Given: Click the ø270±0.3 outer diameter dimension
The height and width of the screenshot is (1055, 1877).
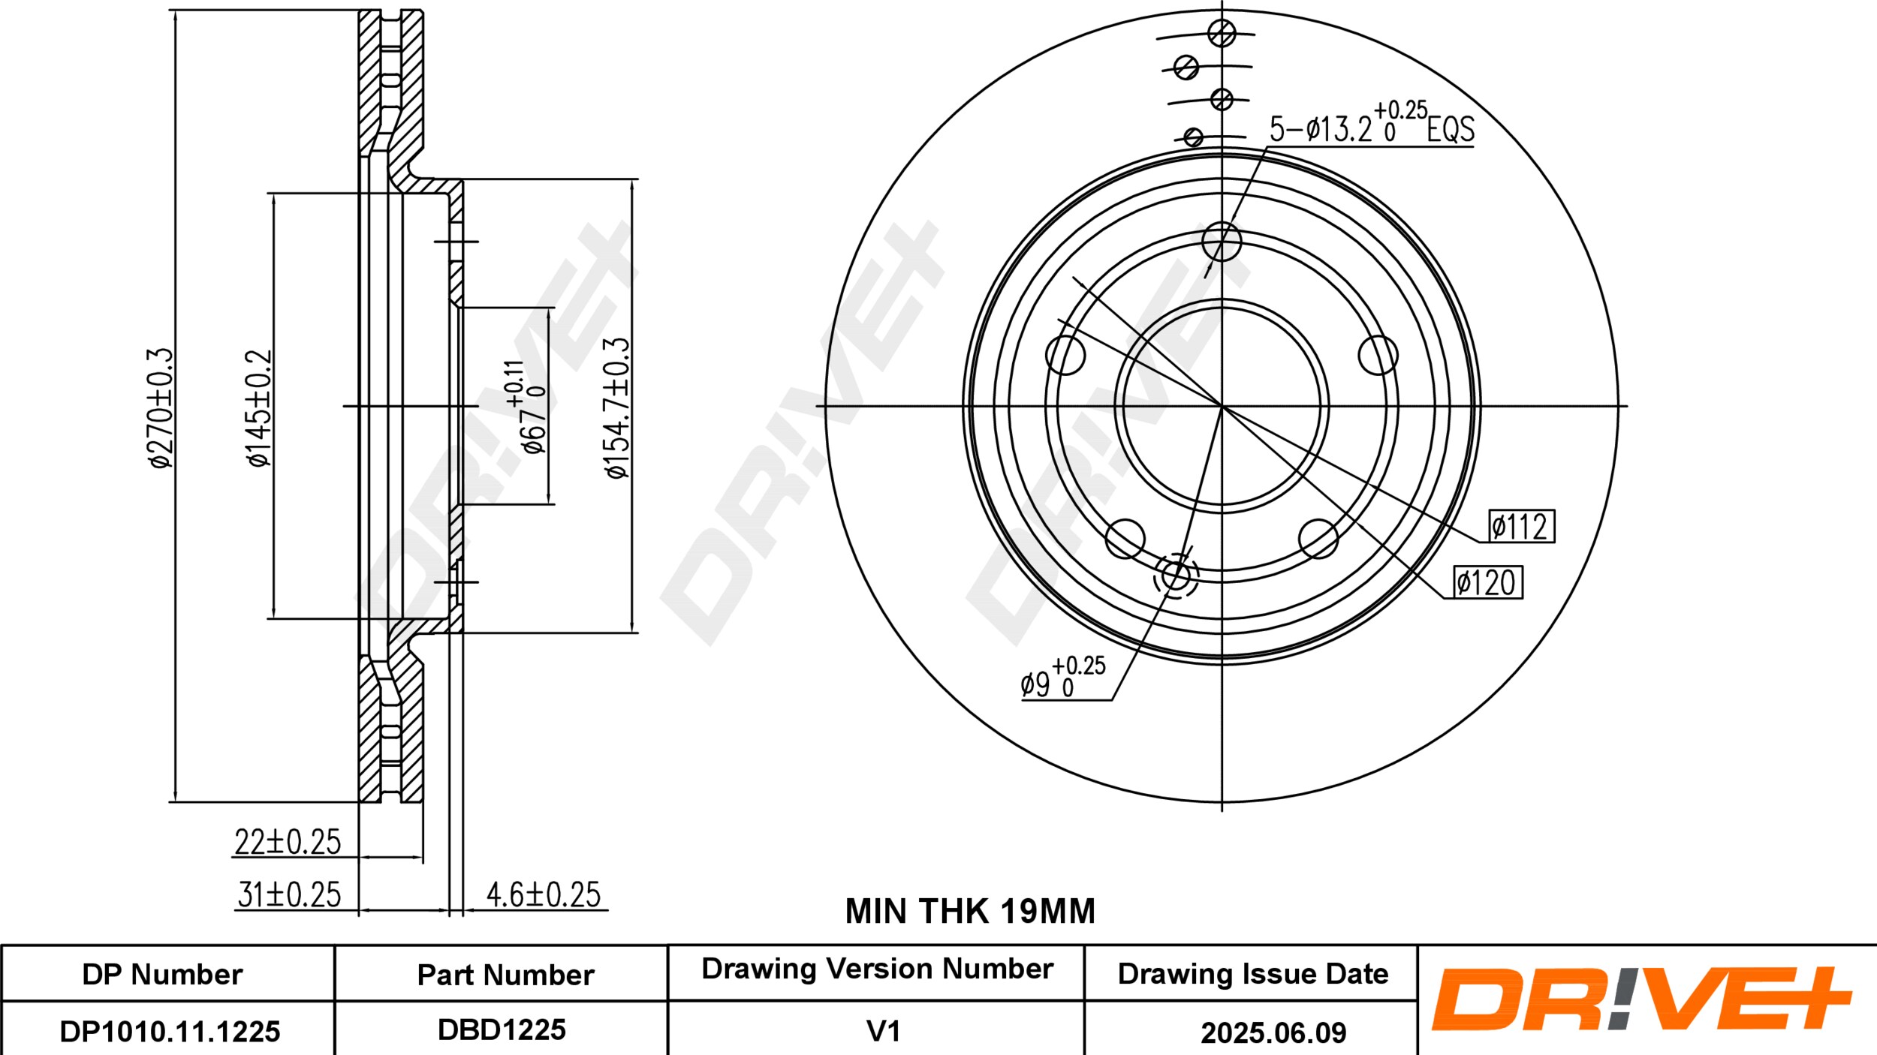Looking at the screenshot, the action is (161, 407).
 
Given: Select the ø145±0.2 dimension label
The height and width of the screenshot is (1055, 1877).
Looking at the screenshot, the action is (259, 407).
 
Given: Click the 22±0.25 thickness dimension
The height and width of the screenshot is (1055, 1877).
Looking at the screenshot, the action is (288, 842).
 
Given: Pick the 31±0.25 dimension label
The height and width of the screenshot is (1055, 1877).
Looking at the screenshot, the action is (289, 894).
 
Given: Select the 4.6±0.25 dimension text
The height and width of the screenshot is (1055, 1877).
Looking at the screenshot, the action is (544, 894).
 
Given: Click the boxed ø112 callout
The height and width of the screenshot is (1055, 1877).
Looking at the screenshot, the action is (1522, 526).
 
